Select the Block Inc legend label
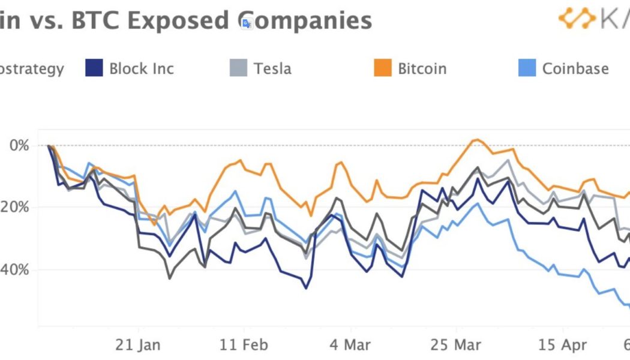pyautogui.click(x=141, y=68)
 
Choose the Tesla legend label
pyautogui.click(x=272, y=68)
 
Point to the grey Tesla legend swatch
pyautogui.click(x=238, y=68)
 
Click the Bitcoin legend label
pyautogui.click(x=422, y=68)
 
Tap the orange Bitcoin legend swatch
pyautogui.click(x=382, y=68)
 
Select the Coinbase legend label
pyautogui.click(x=575, y=68)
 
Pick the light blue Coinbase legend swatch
pyautogui.click(x=526, y=68)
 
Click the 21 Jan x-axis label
pyautogui.click(x=139, y=346)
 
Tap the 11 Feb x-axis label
pyautogui.click(x=244, y=346)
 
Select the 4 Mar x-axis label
pyautogui.click(x=350, y=346)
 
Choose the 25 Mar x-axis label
pyautogui.click(x=456, y=346)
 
